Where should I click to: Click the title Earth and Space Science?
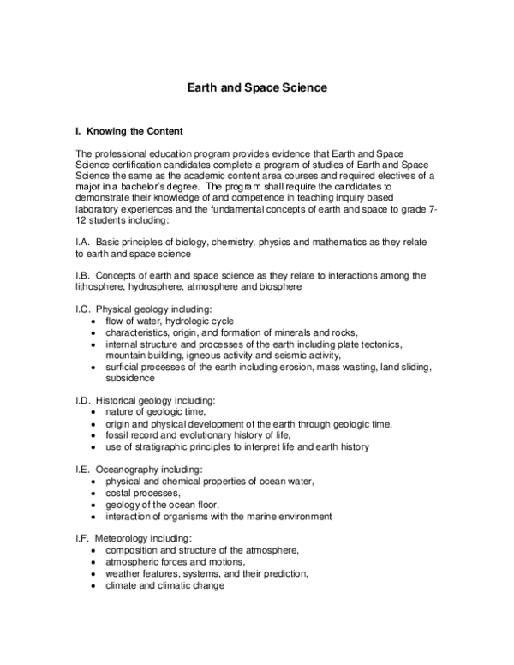coord(257,87)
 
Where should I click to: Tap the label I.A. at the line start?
coord(86,243)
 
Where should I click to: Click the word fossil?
coord(118,434)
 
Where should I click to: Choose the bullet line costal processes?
coord(143,494)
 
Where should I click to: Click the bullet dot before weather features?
coord(93,573)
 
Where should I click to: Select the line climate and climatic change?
coord(164,585)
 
